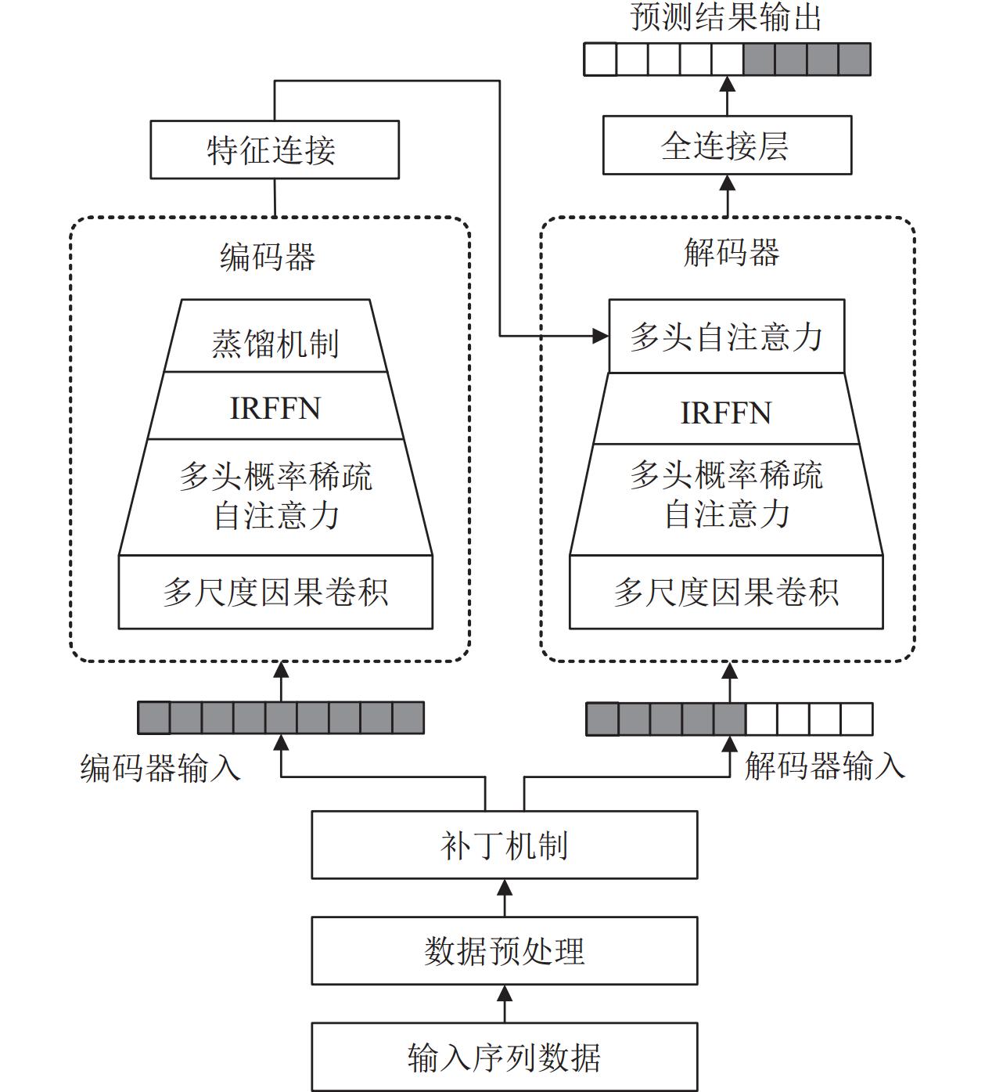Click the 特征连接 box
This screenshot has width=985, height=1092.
click(275, 150)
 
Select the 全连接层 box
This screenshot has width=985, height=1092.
click(728, 146)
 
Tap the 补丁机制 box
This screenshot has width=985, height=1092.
click(505, 845)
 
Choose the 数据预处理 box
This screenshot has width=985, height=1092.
click(505, 951)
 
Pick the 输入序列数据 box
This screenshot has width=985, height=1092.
click(505, 1057)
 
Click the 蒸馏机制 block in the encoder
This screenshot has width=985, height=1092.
click(275, 336)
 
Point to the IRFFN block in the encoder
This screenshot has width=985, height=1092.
click(275, 406)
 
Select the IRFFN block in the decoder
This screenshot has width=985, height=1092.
click(727, 409)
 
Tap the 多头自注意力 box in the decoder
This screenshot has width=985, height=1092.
click(727, 336)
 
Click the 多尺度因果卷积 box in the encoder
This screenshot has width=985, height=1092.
click(275, 593)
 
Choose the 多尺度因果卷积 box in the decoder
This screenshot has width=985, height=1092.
click(727, 593)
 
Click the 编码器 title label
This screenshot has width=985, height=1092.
click(268, 257)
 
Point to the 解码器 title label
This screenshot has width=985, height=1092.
click(732, 253)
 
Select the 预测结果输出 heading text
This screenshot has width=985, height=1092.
click(725, 17)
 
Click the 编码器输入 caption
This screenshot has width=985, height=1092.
click(160, 768)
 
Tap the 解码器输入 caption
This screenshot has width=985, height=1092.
click(825, 766)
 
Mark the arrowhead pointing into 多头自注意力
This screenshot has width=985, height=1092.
click(601, 336)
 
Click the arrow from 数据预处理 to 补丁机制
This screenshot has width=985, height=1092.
click(505, 898)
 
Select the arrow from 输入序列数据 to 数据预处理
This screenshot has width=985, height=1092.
click(505, 1004)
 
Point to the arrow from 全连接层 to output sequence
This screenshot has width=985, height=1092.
click(728, 96)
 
